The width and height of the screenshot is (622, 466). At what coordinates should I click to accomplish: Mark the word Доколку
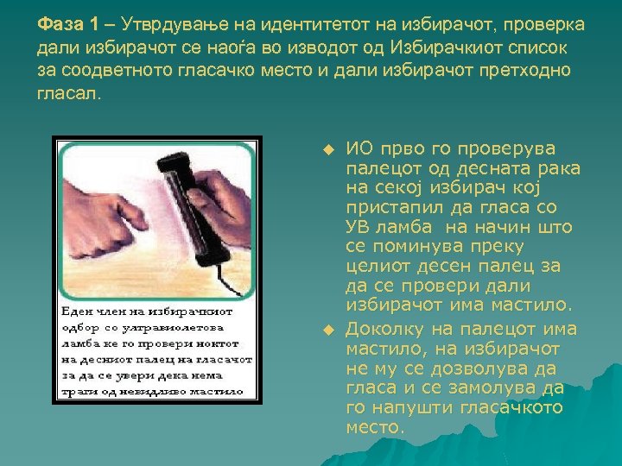click(x=385, y=330)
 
